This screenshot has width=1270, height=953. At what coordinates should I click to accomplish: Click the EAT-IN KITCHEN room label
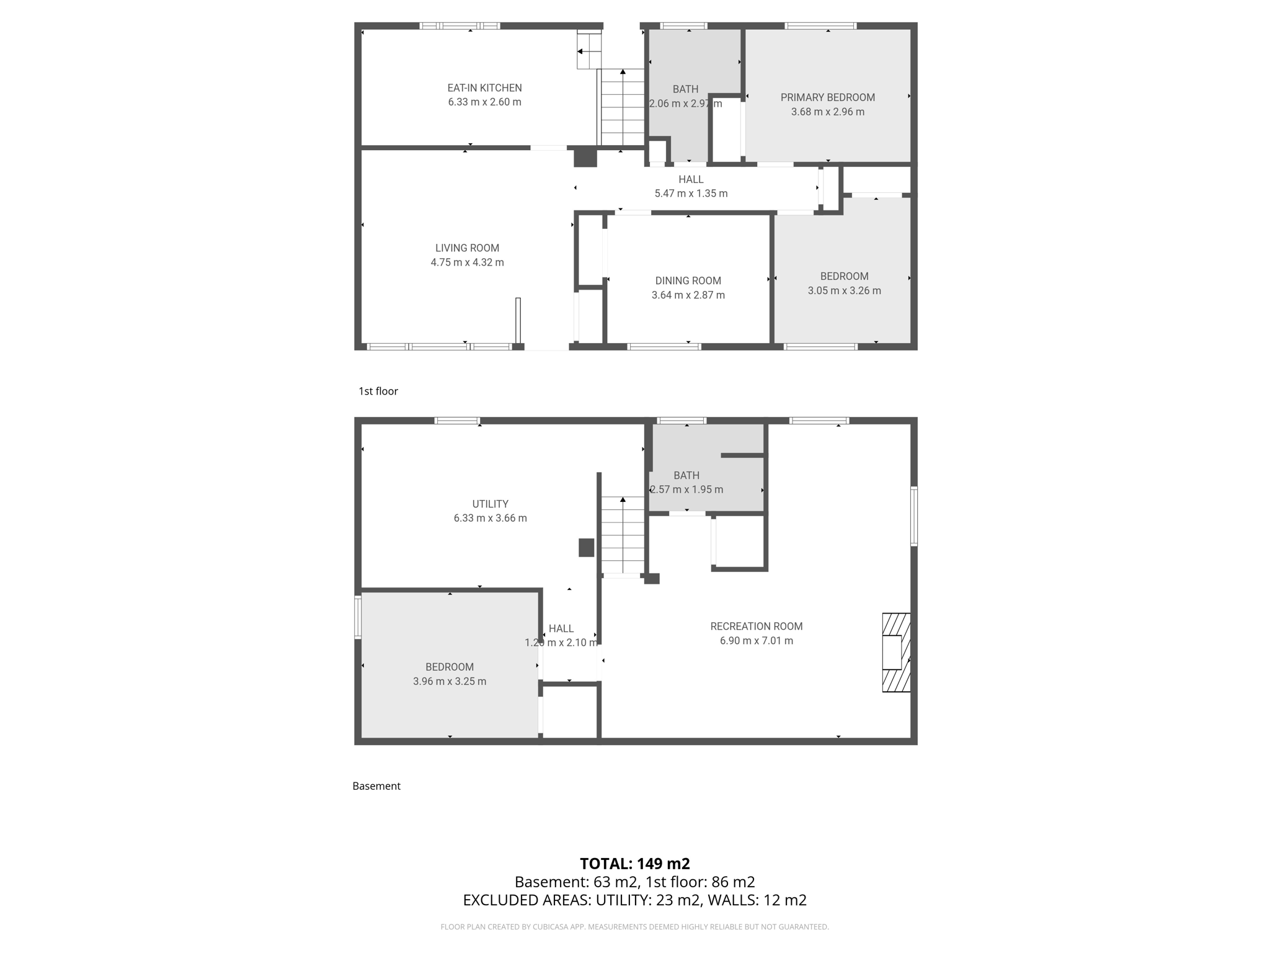(484, 88)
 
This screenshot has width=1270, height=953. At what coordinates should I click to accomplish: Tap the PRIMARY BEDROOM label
(827, 97)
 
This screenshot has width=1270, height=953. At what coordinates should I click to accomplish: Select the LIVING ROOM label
(467, 248)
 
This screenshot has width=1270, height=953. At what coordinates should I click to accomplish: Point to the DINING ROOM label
(688, 280)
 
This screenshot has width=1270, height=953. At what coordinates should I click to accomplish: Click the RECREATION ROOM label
(756, 627)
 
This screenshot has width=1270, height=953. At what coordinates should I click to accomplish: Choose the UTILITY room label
(490, 504)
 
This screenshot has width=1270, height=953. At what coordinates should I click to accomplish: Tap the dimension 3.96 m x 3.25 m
(450, 681)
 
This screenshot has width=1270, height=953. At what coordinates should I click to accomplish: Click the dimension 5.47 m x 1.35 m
(691, 194)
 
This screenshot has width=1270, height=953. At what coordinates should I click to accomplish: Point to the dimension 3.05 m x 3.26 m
(844, 290)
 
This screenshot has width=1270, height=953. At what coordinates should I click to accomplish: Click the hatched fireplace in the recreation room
(897, 652)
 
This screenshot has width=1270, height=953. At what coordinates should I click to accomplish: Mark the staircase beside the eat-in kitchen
(621, 107)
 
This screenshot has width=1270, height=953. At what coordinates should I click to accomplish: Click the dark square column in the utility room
(586, 547)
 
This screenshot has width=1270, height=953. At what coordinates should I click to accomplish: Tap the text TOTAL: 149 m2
(634, 864)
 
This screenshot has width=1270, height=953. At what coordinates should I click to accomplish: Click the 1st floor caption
(378, 391)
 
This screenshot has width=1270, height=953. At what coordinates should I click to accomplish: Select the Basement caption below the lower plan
(376, 786)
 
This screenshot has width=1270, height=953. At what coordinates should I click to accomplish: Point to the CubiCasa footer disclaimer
(634, 927)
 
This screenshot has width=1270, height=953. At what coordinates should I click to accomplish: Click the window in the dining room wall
(664, 346)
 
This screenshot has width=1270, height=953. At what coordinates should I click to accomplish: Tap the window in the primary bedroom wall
(820, 26)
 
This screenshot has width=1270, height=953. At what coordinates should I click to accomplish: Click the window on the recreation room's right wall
(914, 516)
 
